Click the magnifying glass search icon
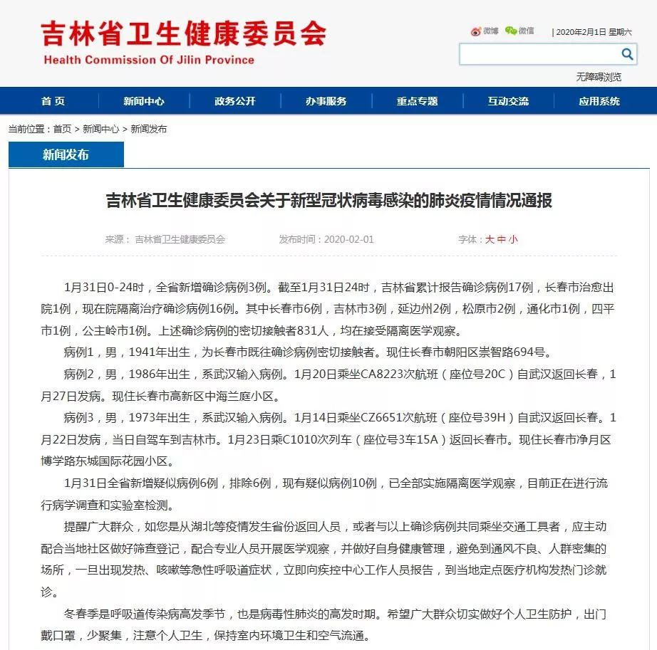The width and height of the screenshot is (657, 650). [627, 54]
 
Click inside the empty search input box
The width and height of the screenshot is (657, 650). [538, 54]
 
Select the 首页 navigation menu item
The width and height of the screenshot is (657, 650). [53, 101]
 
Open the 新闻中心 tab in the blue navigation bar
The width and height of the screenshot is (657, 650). [143, 101]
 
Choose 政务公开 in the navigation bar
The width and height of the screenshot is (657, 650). [234, 101]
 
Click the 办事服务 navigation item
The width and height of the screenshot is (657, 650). [326, 101]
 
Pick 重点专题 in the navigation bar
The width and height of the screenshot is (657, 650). [417, 101]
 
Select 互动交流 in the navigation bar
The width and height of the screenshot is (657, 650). [508, 101]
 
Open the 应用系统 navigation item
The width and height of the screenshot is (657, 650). [599, 101]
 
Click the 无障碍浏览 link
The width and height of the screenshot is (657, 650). [599, 77]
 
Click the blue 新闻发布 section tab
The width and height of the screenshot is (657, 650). [66, 154]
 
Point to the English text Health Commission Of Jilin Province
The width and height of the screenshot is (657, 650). [149, 60]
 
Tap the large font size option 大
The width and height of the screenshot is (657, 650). [490, 240]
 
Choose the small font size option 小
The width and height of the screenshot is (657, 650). [513, 240]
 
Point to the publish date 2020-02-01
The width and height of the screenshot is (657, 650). [348, 240]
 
